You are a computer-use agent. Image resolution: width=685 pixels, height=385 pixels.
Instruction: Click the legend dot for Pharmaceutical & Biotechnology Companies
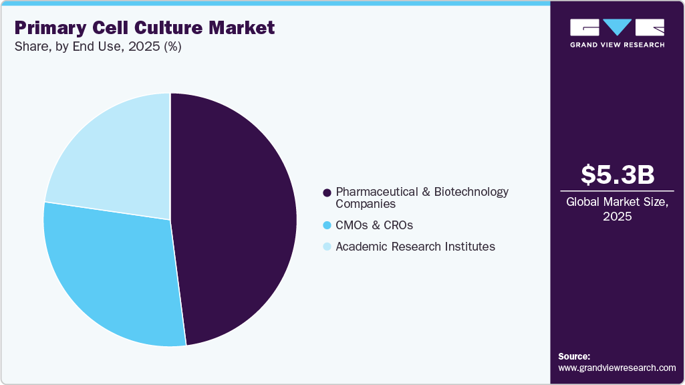pos(327,192)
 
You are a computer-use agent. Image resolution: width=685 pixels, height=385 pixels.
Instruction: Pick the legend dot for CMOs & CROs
pos(327,225)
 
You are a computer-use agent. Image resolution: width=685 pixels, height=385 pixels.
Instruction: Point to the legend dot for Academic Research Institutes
pos(327,247)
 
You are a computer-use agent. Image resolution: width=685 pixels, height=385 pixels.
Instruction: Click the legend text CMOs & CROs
pos(374,225)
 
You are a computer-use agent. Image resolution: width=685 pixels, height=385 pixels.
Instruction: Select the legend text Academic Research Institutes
pos(415,247)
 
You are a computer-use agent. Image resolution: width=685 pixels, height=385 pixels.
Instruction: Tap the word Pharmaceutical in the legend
pos(377,192)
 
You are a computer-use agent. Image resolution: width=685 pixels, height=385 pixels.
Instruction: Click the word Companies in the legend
pos(366,204)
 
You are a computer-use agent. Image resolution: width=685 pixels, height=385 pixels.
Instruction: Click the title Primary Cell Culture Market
pos(144,28)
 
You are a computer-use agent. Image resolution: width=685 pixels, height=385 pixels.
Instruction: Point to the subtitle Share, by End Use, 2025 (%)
pos(98,47)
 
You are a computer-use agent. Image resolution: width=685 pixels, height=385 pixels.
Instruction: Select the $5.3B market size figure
pos(617,174)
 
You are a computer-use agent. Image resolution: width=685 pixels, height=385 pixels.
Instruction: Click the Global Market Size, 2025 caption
pos(617,209)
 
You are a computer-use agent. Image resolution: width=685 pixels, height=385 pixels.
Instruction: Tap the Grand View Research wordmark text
pos(617,45)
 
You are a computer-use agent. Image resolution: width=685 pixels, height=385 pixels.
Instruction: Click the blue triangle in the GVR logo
pos(617,27)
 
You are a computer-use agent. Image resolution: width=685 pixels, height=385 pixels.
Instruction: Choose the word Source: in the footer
pos(574,356)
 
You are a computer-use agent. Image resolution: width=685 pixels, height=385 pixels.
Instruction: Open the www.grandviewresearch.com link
pos(617,368)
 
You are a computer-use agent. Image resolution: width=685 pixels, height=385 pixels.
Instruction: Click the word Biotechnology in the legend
pos(471,192)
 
